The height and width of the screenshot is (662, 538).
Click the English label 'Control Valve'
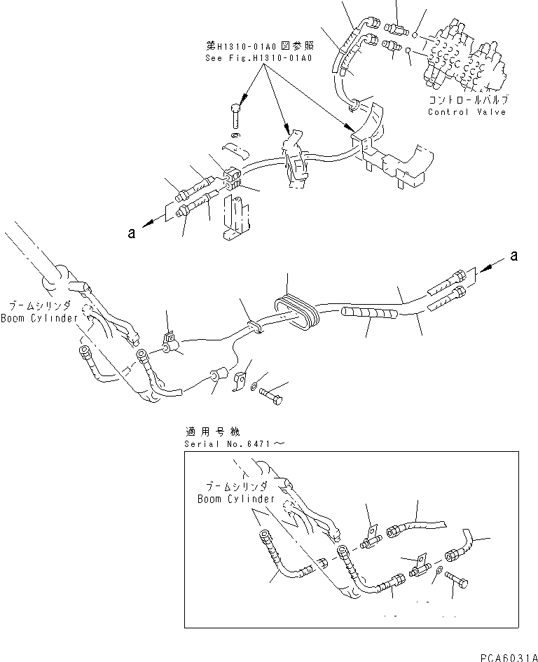pyautogui.click(x=467, y=112)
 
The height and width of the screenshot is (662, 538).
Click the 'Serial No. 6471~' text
pyautogui.click(x=233, y=443)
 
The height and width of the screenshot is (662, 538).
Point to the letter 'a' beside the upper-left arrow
pyautogui.click(x=131, y=234)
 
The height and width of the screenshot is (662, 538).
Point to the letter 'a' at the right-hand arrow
pyautogui.click(x=513, y=257)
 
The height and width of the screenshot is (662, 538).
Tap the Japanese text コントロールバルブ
pyautogui.click(x=468, y=101)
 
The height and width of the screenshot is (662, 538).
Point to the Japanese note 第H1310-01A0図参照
pyautogui.click(x=256, y=46)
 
